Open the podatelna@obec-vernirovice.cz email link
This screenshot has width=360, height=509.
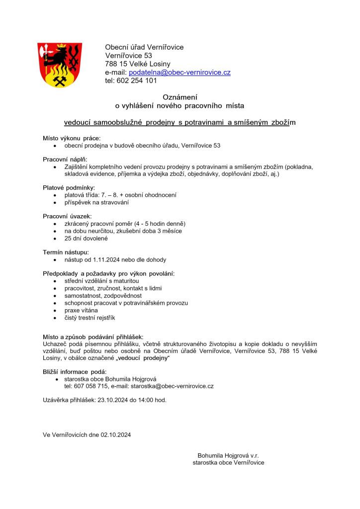180,73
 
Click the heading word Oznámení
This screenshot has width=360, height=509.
180,97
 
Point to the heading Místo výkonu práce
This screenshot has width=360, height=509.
72,138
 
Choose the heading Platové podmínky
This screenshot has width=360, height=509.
69,187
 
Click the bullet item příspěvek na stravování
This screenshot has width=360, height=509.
96,202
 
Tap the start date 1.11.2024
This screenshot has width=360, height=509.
109,259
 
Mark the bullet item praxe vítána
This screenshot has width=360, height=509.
81,310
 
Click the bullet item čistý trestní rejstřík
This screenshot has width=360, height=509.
90,318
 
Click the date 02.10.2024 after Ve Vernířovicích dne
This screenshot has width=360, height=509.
116,435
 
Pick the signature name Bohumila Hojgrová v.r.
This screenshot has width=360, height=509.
228,455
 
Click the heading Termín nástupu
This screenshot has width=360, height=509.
66,252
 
